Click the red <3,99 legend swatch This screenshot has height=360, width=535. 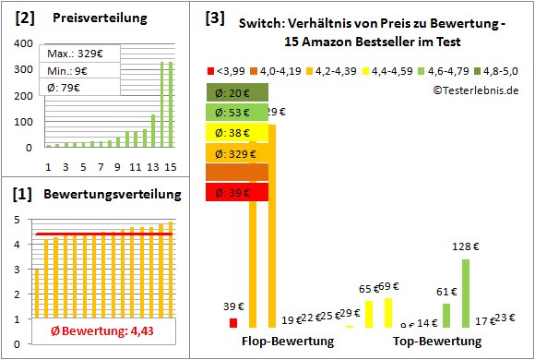[x=210, y=69]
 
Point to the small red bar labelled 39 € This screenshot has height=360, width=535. [x=233, y=322]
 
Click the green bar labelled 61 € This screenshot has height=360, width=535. [x=446, y=316]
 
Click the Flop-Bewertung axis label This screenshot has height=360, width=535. [x=287, y=342]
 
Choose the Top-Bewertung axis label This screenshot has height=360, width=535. [x=436, y=342]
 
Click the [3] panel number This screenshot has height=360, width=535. [x=213, y=18]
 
